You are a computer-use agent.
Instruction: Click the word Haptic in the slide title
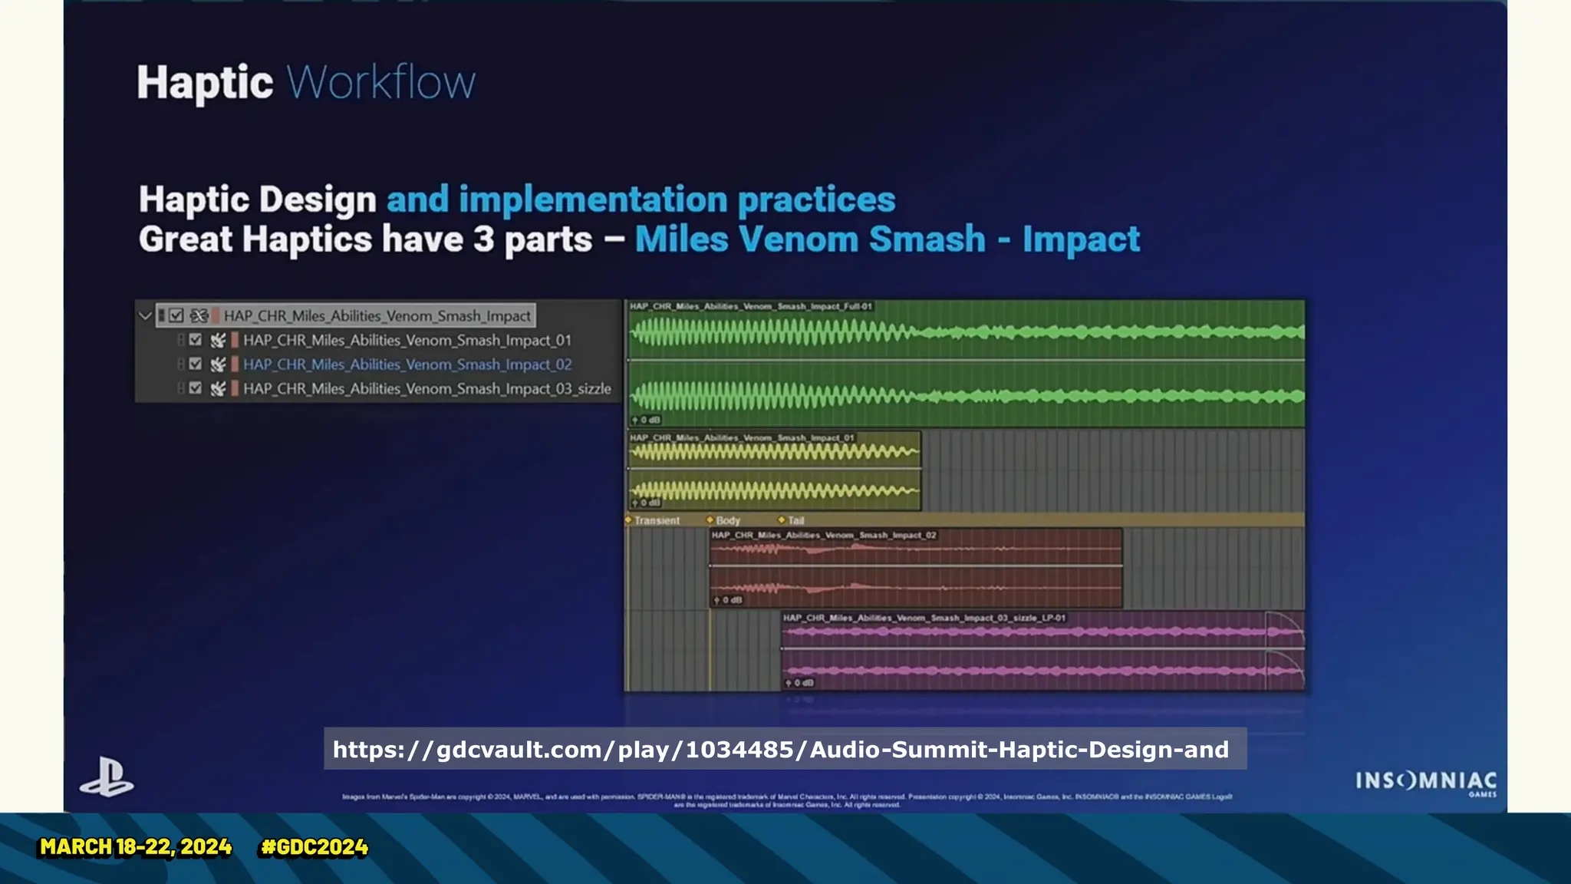coord(205,82)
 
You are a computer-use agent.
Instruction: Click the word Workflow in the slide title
coord(381,82)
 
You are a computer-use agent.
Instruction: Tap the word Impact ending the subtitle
coord(1081,239)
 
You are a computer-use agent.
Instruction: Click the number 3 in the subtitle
coord(483,239)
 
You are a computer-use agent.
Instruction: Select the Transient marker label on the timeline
coord(657,520)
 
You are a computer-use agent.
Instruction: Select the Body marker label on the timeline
coord(727,520)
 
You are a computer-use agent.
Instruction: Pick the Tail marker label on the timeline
coord(795,520)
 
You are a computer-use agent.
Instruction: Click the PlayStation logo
coord(107,777)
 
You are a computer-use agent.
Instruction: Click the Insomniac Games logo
coord(1425,782)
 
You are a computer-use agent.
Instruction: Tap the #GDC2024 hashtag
coord(315,847)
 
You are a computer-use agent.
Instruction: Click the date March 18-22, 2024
coord(136,847)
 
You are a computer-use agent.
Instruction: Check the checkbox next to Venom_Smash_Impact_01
coord(196,340)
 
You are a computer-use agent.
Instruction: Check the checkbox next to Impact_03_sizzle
coord(196,388)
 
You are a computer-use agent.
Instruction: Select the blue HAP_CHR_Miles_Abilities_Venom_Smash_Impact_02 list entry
coord(407,364)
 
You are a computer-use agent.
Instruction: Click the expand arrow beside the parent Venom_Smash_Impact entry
coord(145,315)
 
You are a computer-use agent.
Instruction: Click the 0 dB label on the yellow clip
coord(649,503)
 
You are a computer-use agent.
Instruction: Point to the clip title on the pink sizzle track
coord(924,618)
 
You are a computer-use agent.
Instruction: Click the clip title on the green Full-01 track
coord(750,306)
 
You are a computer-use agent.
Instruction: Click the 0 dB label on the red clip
coord(731,600)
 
